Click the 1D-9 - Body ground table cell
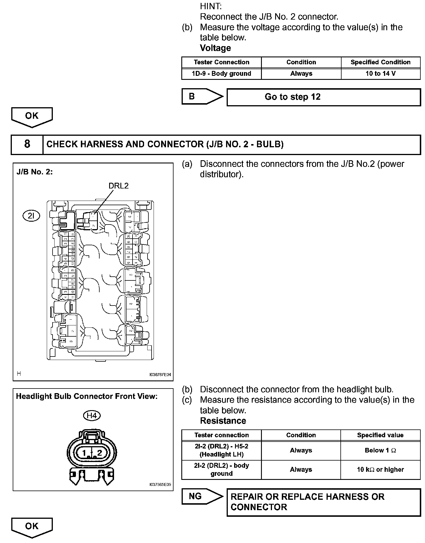coord(221,74)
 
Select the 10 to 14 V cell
coord(381,74)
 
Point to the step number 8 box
coord(27,144)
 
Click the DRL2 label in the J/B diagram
coord(118,186)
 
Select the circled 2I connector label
coord(31,216)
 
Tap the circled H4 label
coord(92,416)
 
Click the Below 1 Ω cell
coord(380,450)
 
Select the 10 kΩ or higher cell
coord(380,470)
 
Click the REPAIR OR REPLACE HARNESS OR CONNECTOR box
coord(323,502)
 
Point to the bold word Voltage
coord(215,48)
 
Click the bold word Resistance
coord(223,421)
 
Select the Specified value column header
coord(380,435)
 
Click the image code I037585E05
coord(160,484)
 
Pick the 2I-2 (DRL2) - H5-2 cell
coord(221,450)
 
